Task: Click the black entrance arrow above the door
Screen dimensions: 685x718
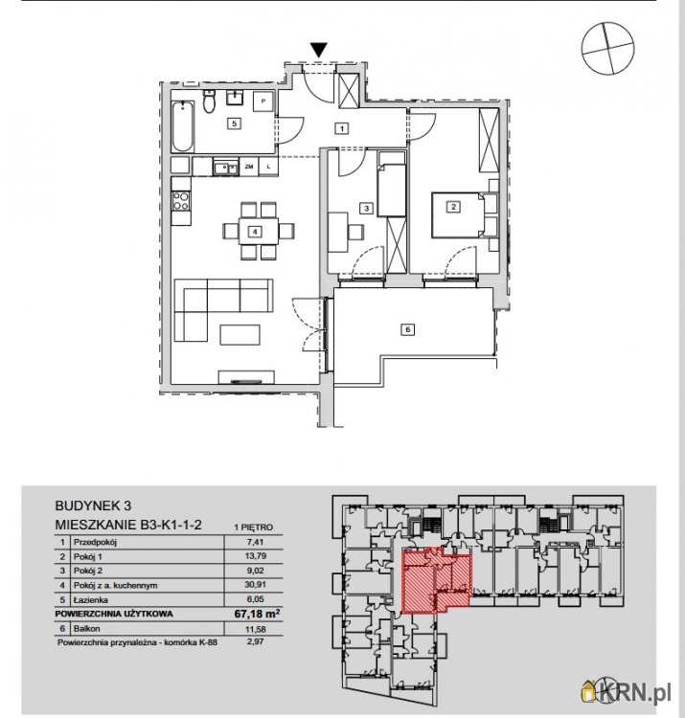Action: [x=319, y=50]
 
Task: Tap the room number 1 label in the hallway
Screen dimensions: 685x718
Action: [x=342, y=128]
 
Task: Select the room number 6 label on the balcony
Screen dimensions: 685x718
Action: [x=407, y=328]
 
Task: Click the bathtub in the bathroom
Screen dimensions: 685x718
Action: [x=182, y=126]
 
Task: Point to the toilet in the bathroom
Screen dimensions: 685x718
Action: [x=209, y=102]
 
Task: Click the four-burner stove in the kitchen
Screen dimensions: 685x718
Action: [x=180, y=201]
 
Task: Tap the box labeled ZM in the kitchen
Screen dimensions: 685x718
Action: [x=249, y=167]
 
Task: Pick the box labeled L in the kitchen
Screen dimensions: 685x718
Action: [x=268, y=167]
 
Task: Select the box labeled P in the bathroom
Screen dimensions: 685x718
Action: [x=263, y=101]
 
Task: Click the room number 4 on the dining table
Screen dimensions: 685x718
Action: [x=255, y=232]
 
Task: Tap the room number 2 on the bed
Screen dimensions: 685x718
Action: [x=453, y=207]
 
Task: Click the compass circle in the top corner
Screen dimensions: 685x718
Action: [x=608, y=48]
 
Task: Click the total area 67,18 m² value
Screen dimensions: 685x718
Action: [x=257, y=613]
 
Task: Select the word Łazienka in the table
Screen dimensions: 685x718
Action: [x=90, y=599]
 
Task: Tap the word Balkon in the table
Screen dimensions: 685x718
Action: [x=86, y=628]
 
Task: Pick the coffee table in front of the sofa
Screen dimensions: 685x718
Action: [x=240, y=334]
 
